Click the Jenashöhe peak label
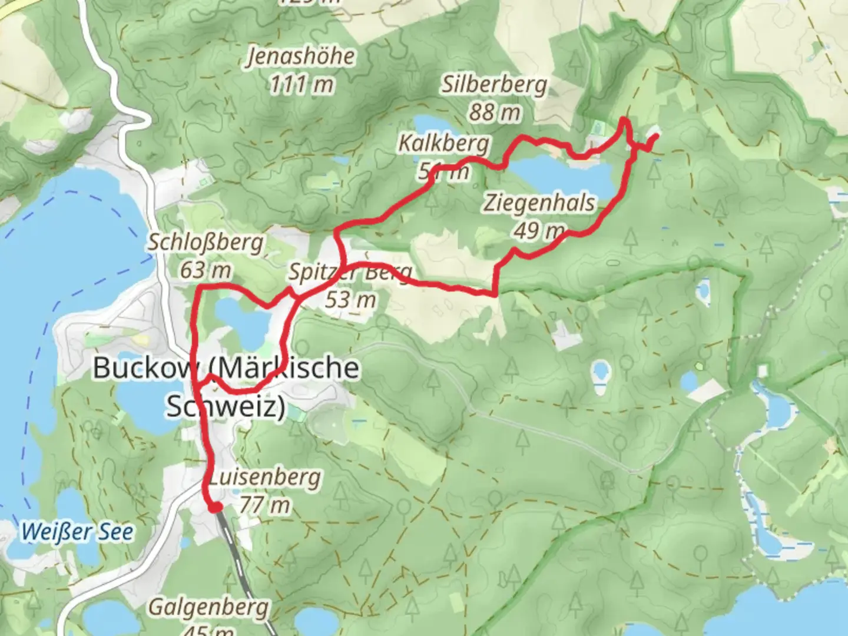point(301,57)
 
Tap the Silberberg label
point(494,85)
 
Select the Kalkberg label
point(443,143)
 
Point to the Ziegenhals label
point(539,203)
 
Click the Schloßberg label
point(205,242)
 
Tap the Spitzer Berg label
point(349,273)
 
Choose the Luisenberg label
point(264,477)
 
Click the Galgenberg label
point(208,607)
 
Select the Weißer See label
point(77,532)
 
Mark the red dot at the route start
point(215,507)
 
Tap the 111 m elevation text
point(301,85)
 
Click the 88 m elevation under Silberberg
point(494,112)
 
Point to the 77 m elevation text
point(264,505)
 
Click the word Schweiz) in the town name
point(226,406)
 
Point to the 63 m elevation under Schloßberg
point(205,270)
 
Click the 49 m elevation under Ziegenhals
point(538,231)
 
